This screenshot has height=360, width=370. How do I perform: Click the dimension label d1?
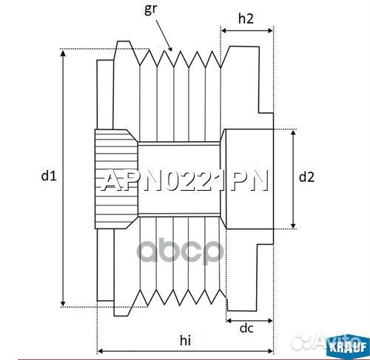tap(49, 176)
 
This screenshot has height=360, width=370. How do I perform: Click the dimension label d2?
tap(306, 177)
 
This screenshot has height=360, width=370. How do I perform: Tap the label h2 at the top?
tap(246, 18)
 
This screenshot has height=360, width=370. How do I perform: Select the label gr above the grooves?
tap(150, 9)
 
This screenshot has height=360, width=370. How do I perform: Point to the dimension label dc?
tap(246, 328)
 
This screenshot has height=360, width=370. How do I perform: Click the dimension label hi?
tap(185, 341)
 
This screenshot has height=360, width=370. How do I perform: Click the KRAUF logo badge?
tap(348, 347)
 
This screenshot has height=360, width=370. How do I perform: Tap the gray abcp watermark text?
tap(181, 251)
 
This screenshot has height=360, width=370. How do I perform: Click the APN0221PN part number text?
tap(184, 181)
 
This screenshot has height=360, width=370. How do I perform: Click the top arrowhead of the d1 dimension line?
tap(63, 52)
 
